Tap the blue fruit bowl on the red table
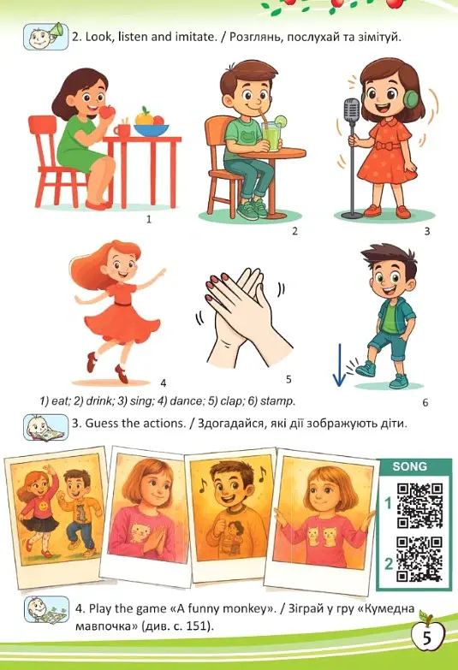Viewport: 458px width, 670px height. click(151, 130)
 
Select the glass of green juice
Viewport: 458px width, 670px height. click(271, 135)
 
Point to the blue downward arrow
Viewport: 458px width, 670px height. click(339, 365)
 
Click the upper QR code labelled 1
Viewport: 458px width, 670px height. click(419, 505)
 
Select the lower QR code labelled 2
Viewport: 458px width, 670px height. click(419, 560)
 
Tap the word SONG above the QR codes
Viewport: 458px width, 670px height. click(410, 466)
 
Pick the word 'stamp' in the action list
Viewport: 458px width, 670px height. click(277, 401)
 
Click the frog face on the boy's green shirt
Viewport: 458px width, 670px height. click(247, 138)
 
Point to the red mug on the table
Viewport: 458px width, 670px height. click(122, 129)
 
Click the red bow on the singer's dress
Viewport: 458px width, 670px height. click(384, 145)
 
